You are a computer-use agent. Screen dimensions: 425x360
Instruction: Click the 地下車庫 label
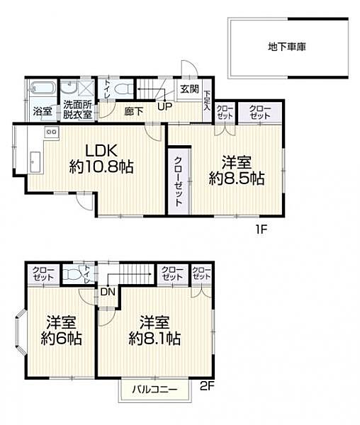[x=288, y=47]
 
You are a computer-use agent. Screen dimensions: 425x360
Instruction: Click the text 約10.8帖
[x=103, y=169]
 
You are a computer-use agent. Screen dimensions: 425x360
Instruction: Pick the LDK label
[x=102, y=150]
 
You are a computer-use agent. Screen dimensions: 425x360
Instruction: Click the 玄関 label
[x=189, y=90]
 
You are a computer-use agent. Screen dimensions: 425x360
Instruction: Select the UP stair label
[x=164, y=108]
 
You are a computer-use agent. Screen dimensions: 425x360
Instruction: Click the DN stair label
[x=107, y=290]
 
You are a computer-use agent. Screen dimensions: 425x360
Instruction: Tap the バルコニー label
[x=154, y=389]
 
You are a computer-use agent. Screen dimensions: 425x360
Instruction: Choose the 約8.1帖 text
[x=154, y=338]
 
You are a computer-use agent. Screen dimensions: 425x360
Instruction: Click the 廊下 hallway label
[x=133, y=110]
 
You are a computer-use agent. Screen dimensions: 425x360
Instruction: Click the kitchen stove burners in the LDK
[x=50, y=132]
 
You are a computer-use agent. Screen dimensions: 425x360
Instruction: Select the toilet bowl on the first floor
[x=123, y=90]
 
